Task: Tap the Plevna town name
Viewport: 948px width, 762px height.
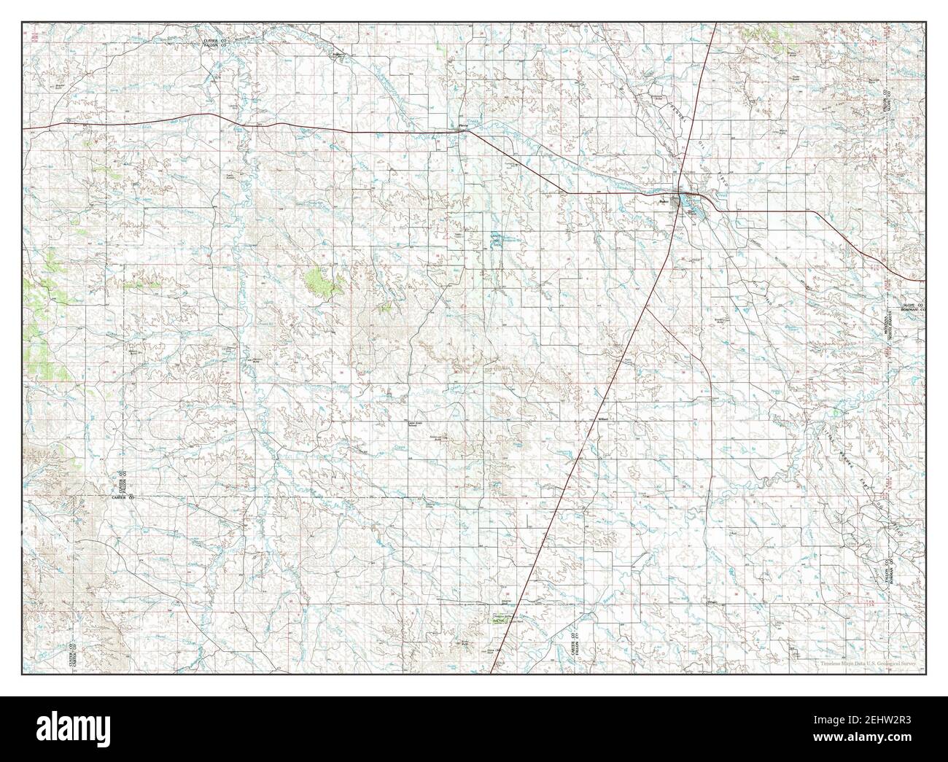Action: click(462, 125)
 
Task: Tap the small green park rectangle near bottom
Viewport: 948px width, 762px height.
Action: click(502, 618)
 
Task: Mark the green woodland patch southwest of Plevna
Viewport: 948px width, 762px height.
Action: click(323, 281)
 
